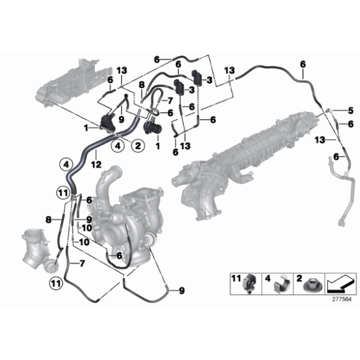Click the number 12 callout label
coord(96,164)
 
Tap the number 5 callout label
coord(350,110)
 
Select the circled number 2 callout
coord(138,146)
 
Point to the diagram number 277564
coord(342,299)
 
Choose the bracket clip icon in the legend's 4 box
coord(282,285)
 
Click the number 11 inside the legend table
coord(236,279)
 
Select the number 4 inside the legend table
coord(268,279)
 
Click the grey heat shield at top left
coord(73,84)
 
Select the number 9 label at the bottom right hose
coord(182,290)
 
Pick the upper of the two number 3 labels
coord(209,80)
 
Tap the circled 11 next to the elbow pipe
coord(56,284)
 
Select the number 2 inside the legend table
coord(299,279)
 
